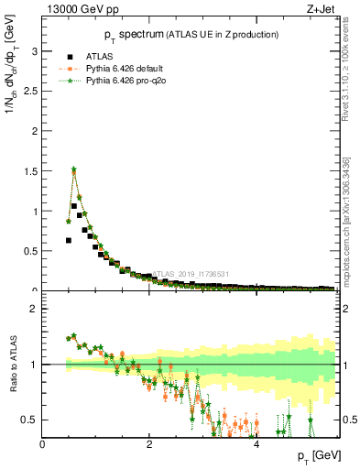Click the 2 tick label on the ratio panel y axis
pyautogui.click(x=36, y=309)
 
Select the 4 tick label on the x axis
pyautogui.click(x=256, y=445)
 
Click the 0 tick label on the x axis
pyautogui.click(x=43, y=445)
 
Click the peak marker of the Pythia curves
pyautogui.click(x=73, y=169)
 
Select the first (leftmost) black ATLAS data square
pyautogui.click(x=69, y=240)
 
